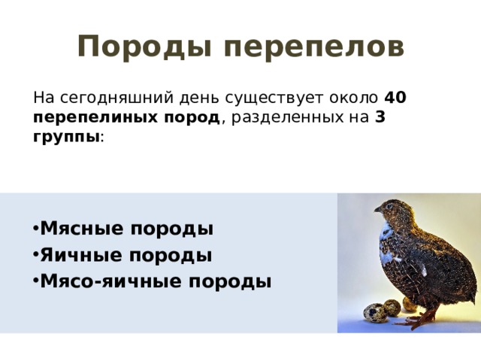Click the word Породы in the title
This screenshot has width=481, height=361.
pyautogui.click(x=144, y=47)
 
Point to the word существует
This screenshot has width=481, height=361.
pyautogui.click(x=274, y=99)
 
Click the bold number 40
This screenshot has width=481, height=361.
pyautogui.click(x=395, y=97)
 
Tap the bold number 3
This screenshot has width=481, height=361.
pyautogui.click(x=380, y=117)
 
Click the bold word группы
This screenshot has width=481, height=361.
pyautogui.click(x=66, y=137)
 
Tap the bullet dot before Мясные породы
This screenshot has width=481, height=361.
pyautogui.click(x=35, y=229)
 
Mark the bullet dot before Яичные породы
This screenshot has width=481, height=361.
pyautogui.click(x=35, y=256)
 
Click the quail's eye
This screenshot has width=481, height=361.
pyautogui.click(x=389, y=206)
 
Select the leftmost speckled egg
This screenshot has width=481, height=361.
pyautogui.click(x=375, y=313)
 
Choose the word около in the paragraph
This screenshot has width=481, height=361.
pyautogui.click(x=353, y=98)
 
